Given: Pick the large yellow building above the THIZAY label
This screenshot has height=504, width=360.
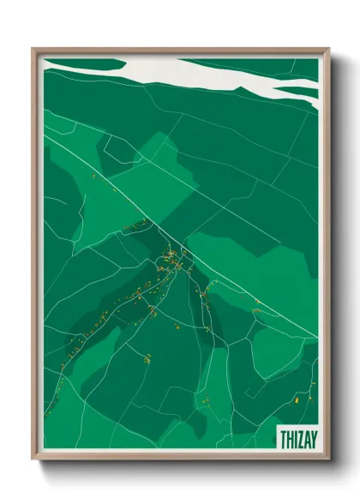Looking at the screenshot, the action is click(294, 399).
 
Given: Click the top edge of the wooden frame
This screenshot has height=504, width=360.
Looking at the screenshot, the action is click(180, 50).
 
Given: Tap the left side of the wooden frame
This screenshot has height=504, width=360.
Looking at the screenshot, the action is click(34, 257).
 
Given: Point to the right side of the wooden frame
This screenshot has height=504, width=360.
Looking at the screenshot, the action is click(327, 257).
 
